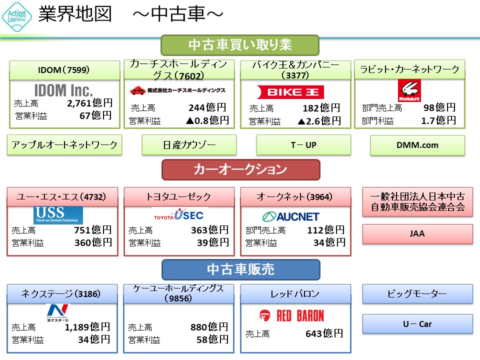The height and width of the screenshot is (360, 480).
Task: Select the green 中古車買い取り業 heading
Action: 240,45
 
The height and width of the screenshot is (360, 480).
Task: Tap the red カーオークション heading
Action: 240,169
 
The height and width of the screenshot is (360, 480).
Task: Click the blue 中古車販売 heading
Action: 240,269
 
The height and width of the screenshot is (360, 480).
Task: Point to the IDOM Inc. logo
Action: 63,90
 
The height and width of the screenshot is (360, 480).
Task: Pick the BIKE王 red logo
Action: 290,92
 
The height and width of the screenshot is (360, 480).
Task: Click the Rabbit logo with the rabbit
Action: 409,90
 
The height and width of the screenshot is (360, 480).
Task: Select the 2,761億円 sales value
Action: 89,103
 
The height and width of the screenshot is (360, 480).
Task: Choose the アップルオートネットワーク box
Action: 64,145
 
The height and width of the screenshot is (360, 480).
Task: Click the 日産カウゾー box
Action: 189,145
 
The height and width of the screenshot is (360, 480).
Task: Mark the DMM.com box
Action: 417,145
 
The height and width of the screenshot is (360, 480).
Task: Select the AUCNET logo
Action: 290,216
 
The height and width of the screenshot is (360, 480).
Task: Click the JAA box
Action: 417,233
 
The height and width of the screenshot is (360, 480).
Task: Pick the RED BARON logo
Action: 291,315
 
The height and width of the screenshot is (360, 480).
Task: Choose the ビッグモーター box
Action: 417,294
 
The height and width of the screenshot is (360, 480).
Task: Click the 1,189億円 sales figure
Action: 87,327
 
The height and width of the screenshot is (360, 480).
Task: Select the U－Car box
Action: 417,324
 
